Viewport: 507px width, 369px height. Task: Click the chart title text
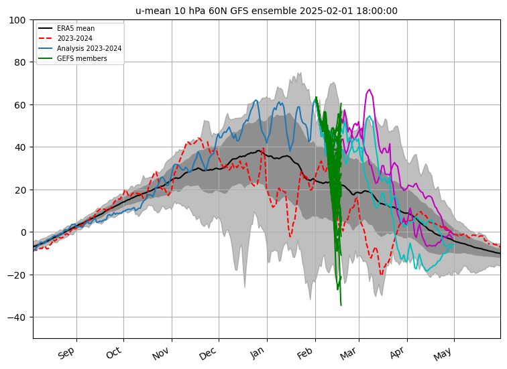point(266,11)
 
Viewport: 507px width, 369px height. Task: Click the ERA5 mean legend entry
point(66,28)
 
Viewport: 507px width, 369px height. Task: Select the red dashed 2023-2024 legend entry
point(66,38)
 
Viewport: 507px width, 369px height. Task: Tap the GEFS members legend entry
point(72,58)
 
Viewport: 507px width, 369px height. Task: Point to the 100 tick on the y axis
point(17,20)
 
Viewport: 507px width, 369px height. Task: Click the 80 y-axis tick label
point(20,62)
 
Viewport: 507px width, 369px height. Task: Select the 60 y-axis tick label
point(20,105)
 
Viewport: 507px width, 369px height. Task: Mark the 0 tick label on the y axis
point(23,232)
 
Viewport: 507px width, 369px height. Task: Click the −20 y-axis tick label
point(17,275)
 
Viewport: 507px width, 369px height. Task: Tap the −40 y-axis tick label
point(17,317)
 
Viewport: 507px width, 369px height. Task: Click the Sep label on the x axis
point(66,353)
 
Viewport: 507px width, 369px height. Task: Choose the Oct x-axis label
point(114,352)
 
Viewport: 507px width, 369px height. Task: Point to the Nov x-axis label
point(162,353)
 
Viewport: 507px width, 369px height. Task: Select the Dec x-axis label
point(208,354)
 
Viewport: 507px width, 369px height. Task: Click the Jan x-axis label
point(258,352)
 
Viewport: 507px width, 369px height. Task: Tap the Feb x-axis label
point(305,353)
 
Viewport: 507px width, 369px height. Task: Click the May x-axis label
point(443,354)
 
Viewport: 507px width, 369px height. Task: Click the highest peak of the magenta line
point(370,90)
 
